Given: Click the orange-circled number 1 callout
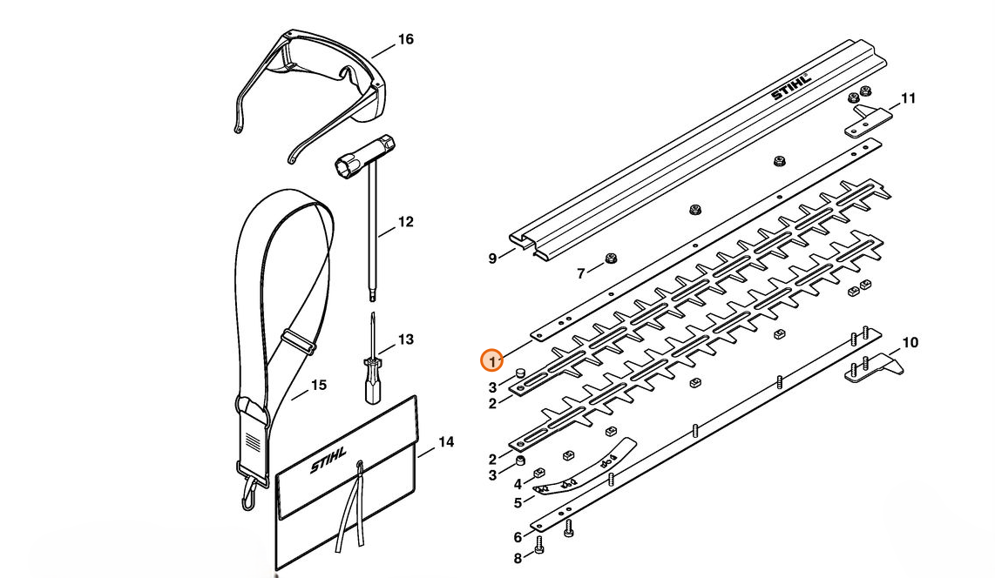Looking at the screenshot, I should click(x=493, y=360).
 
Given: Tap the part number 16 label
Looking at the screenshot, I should click(x=405, y=39).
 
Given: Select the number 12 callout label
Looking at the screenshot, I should click(x=405, y=222).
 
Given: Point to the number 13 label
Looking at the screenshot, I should click(x=405, y=339).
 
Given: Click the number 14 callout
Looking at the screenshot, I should click(x=445, y=442).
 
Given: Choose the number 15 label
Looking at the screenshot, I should click(x=319, y=385).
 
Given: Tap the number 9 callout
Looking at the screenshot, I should click(x=492, y=258).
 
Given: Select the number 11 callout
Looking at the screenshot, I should click(x=908, y=98).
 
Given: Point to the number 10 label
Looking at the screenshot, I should click(x=910, y=343).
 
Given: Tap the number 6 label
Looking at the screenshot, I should click(x=518, y=538).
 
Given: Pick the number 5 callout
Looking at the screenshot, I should click(x=518, y=503).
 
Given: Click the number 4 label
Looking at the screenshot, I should click(x=518, y=484).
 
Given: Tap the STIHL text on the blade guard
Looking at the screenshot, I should click(x=791, y=86).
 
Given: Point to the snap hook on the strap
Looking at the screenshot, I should click(x=248, y=496).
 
